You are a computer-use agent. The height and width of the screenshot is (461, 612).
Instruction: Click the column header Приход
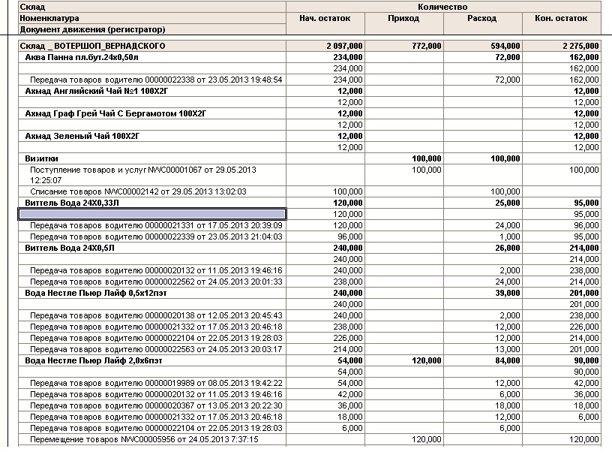pyautogui.click(x=403, y=18)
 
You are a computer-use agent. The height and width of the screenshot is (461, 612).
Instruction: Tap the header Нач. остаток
pyautogui.click(x=325, y=18)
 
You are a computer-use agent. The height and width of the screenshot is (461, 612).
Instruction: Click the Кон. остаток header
pyautogui.click(x=560, y=18)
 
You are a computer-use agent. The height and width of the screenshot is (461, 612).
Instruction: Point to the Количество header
pyautogui.click(x=443, y=6)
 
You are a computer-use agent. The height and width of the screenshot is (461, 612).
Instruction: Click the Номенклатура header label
pyautogui.click(x=49, y=18)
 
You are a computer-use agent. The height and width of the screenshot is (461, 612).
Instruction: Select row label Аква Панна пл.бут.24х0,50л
pyautogui.click(x=83, y=57)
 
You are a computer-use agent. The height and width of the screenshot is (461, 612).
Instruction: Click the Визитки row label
pyautogui.click(x=41, y=159)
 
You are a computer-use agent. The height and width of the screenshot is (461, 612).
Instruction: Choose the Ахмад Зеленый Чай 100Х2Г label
pyautogui.click(x=82, y=136)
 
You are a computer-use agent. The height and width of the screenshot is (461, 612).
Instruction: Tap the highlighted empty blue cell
pyautogui.click(x=151, y=214)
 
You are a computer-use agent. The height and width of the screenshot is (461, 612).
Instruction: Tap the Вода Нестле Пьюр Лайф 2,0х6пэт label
pyautogui.click(x=94, y=360)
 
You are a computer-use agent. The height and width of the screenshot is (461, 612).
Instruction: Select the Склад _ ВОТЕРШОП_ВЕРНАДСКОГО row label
pyautogui.click(x=93, y=46)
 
